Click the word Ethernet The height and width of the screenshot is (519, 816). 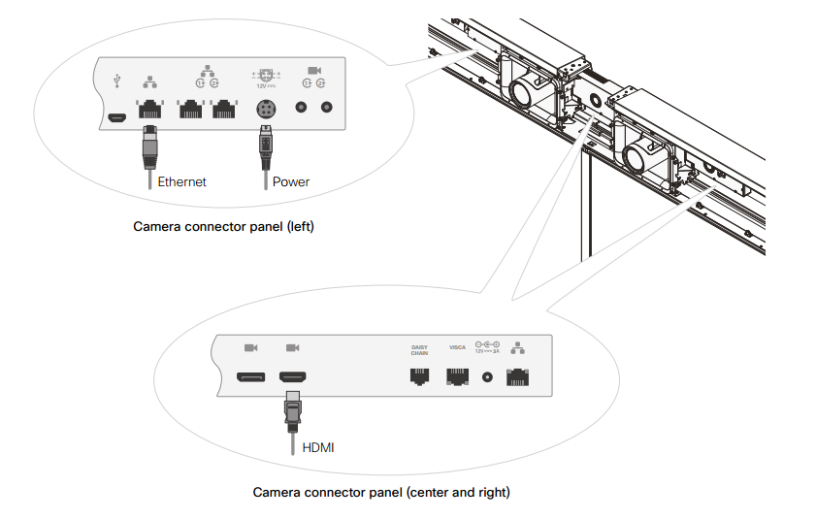click(181, 181)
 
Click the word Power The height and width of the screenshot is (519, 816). click(291, 181)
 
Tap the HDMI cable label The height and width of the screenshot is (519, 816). click(319, 447)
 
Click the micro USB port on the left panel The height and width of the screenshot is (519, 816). click(116, 118)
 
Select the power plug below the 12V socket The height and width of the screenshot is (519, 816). click(265, 145)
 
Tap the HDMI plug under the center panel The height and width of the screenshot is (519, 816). click(291, 408)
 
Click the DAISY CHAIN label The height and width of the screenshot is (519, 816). click(419, 350)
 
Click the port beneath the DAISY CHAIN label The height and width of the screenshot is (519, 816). click(419, 376)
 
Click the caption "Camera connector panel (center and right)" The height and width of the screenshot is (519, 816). click(381, 492)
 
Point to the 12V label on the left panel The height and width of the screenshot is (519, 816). click(261, 84)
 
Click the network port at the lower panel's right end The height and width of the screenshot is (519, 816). click(518, 376)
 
